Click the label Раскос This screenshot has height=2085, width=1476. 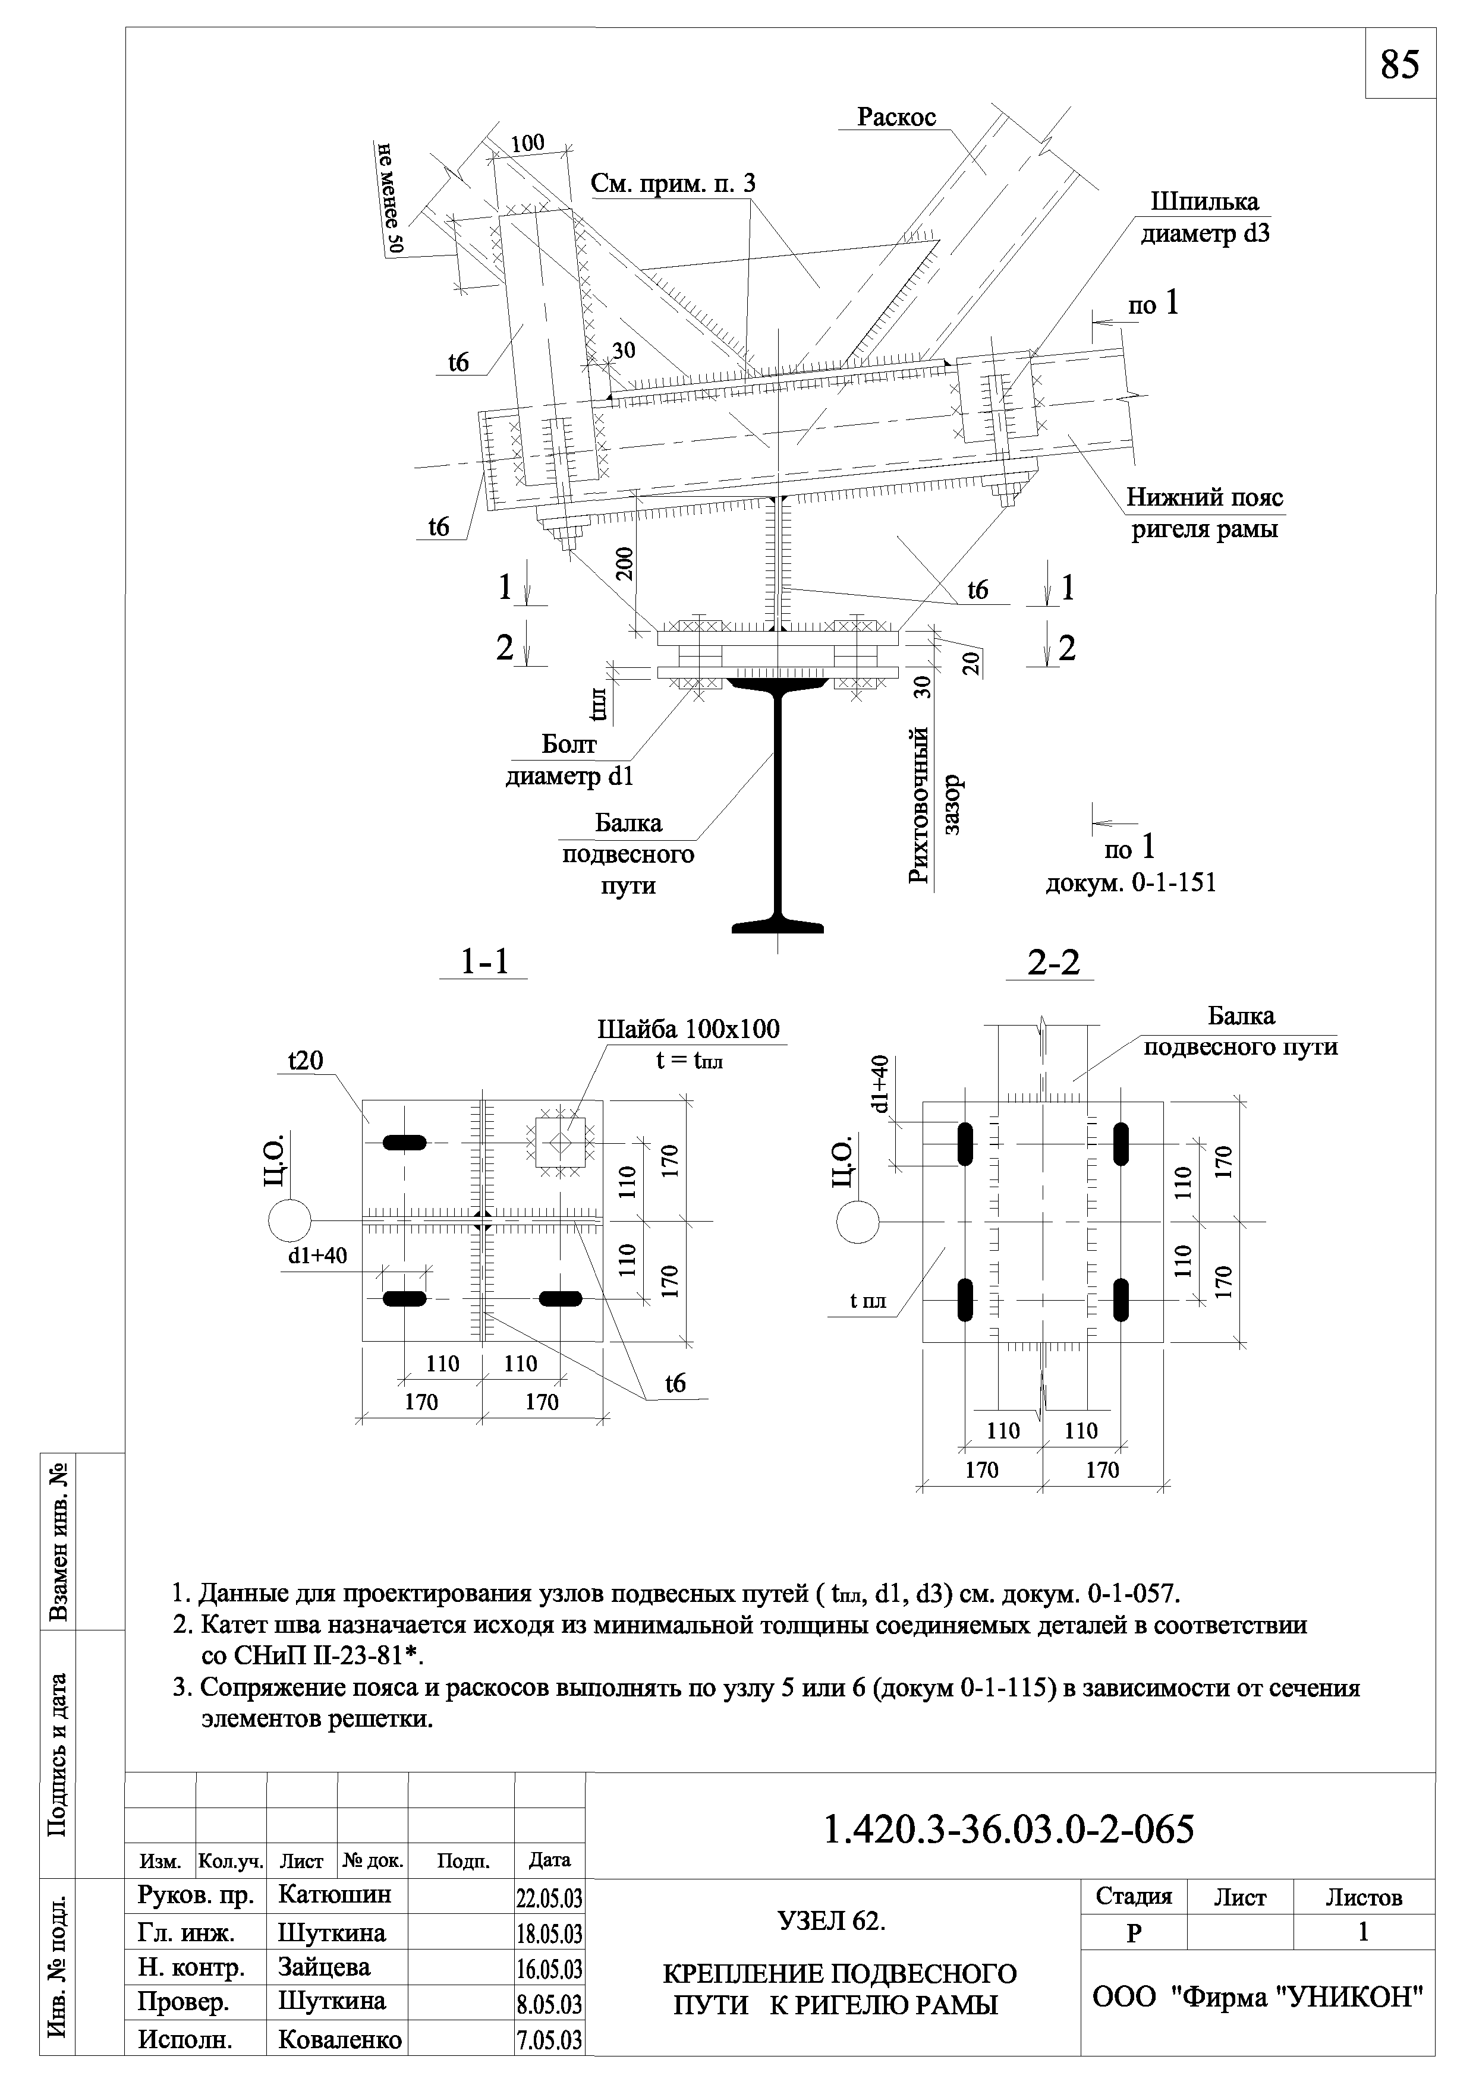[896, 117]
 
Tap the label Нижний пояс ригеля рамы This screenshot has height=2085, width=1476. [1204, 513]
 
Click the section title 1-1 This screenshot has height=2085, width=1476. [483, 962]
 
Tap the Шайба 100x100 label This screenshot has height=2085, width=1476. [688, 1029]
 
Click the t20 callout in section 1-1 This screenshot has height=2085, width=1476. [306, 1060]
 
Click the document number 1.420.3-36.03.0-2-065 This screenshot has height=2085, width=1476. [1008, 1829]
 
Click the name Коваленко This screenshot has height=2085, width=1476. [340, 2040]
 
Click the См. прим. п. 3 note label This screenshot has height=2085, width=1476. [672, 184]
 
